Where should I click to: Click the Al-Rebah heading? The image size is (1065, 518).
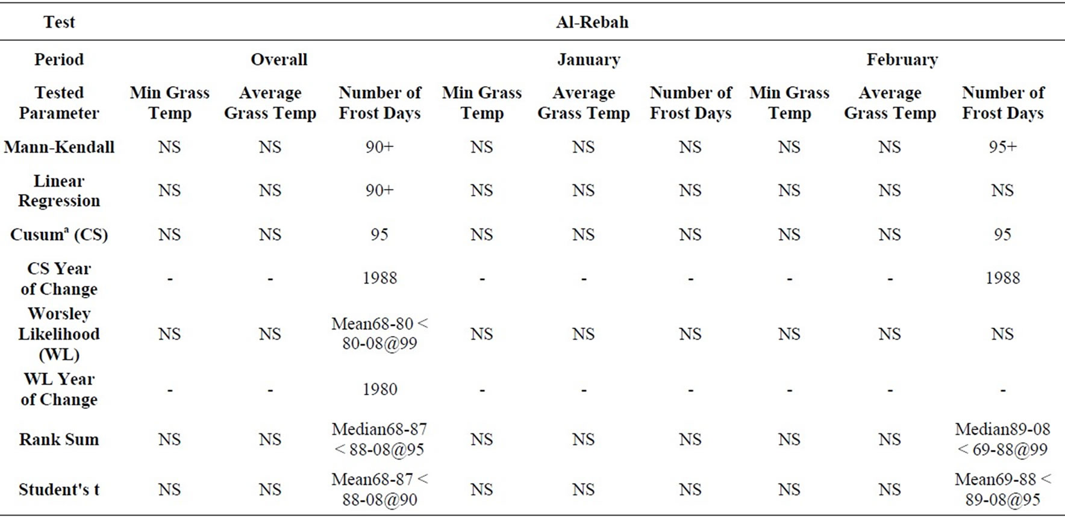coord(592,22)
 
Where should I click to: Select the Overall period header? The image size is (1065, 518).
coord(279,60)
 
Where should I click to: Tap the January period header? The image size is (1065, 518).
coord(589,60)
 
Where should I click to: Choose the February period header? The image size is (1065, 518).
coord(902,60)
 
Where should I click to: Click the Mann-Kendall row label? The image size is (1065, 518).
coord(59,147)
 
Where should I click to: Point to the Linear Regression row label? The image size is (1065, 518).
coord(59,190)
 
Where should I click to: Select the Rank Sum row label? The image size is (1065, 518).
coord(59,439)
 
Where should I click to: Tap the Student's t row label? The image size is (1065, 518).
coord(59,489)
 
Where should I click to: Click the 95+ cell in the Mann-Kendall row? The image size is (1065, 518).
coord(1002,147)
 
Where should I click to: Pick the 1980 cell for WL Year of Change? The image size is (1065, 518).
coord(379,389)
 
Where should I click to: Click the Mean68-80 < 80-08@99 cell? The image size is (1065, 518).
coord(379,333)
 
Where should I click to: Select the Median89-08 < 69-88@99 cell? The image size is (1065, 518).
coord(1002,439)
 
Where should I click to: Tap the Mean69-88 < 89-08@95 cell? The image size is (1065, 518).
coord(1002,489)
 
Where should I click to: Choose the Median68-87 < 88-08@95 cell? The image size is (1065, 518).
coord(379,439)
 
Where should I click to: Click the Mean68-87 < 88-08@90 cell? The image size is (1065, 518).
coord(379,489)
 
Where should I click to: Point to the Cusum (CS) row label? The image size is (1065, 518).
coord(59,234)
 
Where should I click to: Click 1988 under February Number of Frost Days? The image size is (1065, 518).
coord(1002,278)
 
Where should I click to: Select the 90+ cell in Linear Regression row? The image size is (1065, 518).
coord(379,190)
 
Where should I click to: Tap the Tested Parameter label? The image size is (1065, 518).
coord(59,102)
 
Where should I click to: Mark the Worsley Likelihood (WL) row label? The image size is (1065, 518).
coord(59,334)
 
